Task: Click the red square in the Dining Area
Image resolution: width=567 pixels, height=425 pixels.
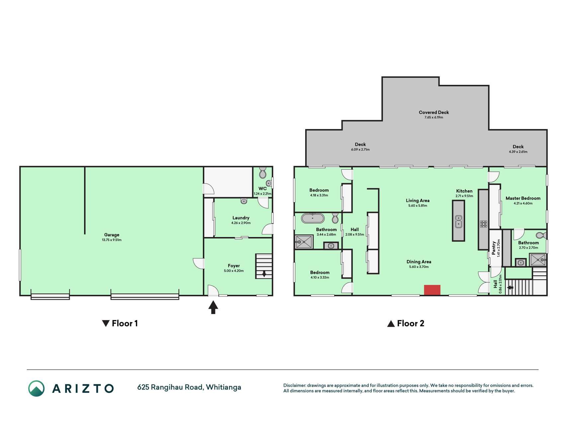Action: pyautogui.click(x=432, y=290)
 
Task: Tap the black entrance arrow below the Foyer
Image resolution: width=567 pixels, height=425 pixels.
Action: pyautogui.click(x=213, y=307)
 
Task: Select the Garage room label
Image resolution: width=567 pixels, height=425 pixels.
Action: pyautogui.click(x=112, y=235)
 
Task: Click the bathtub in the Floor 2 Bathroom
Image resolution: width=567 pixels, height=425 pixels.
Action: pyautogui.click(x=313, y=218)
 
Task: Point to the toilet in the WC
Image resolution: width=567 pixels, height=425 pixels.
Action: pyautogui.click(x=262, y=173)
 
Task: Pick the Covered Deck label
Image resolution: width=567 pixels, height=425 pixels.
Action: pyautogui.click(x=434, y=112)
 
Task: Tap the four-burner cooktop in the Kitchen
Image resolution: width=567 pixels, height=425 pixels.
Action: pyautogui.click(x=484, y=224)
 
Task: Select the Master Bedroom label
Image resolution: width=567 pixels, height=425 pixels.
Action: pyautogui.click(x=523, y=198)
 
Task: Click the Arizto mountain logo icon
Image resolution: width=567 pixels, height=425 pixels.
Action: pyautogui.click(x=36, y=388)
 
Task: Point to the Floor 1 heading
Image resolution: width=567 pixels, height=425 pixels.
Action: pyautogui.click(x=120, y=323)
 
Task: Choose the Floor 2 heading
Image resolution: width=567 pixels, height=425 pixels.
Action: pyautogui.click(x=406, y=323)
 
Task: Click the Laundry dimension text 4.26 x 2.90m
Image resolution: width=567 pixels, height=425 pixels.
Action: pyautogui.click(x=241, y=223)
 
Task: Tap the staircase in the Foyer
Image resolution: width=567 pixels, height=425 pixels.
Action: pyautogui.click(x=264, y=266)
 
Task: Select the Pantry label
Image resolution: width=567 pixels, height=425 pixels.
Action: pyautogui.click(x=494, y=248)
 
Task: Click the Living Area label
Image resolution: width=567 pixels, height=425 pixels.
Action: pyautogui.click(x=418, y=201)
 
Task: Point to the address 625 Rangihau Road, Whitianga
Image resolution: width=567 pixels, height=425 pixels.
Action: pyautogui.click(x=189, y=387)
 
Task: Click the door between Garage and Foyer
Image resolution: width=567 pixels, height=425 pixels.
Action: pyautogui.click(x=199, y=263)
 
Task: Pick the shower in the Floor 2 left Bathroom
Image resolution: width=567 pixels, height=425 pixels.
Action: pyautogui.click(x=304, y=242)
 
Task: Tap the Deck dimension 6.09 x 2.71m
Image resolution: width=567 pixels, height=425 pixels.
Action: pyautogui.click(x=360, y=149)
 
